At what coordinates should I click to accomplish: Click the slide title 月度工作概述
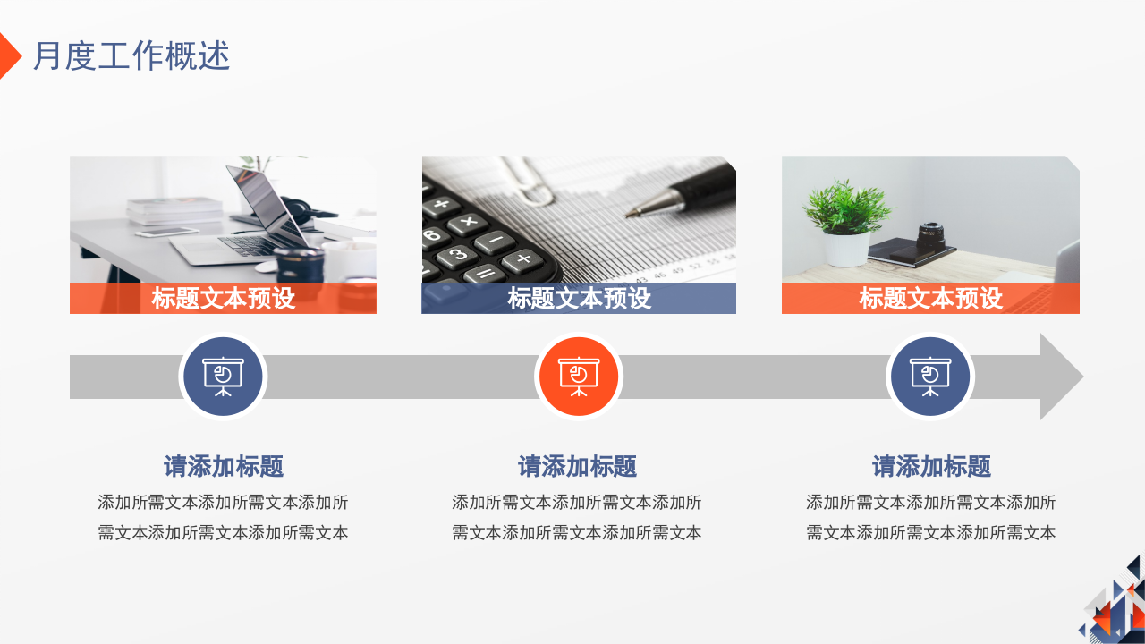(131, 56)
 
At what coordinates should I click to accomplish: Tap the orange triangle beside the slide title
(8, 55)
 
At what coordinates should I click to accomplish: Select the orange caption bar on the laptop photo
(223, 298)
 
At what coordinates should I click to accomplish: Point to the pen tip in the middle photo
(632, 214)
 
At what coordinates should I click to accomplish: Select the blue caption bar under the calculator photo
(579, 298)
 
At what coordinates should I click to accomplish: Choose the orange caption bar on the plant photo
(930, 298)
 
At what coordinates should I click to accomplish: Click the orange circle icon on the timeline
(578, 377)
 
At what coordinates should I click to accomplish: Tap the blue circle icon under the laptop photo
(223, 377)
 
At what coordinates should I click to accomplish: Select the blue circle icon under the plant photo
(930, 377)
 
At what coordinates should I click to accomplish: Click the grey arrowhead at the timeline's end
(1060, 377)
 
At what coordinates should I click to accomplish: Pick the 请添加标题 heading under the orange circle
(578, 466)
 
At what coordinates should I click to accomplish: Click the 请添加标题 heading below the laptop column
(223, 466)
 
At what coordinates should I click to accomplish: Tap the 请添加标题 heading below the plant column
(931, 466)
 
